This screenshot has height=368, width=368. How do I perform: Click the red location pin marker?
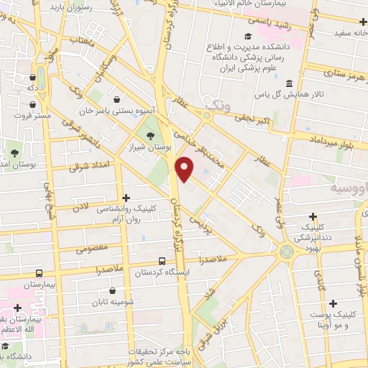click(185, 167)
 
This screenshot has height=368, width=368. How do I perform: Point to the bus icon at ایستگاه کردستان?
click(162, 262)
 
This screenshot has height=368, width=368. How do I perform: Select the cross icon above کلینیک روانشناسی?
click(126, 197)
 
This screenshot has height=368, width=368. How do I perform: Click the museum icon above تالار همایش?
click(289, 82)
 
